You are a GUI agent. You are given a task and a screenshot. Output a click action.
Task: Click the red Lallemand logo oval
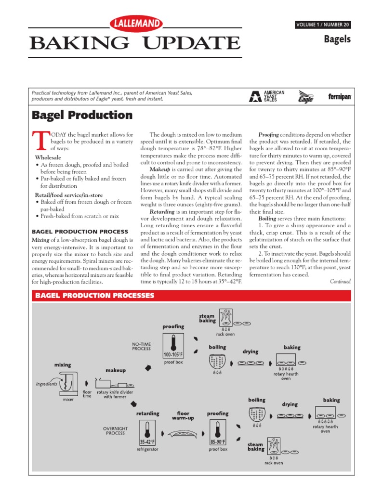pyautogui.click(x=137, y=23)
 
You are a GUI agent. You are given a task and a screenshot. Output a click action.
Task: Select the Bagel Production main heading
pyautogui.click(x=82, y=115)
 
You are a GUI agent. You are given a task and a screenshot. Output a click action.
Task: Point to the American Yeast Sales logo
pyautogui.click(x=267, y=96)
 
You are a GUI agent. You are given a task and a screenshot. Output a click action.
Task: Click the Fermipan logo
pyautogui.click(x=340, y=97)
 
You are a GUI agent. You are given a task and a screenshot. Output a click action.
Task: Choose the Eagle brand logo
pyautogui.click(x=305, y=96)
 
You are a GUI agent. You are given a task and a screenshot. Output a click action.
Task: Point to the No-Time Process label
pyautogui.click(x=141, y=346)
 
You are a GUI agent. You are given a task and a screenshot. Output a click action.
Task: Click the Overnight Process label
pyautogui.click(x=115, y=430)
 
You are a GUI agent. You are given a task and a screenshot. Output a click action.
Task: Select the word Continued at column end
pyautogui.click(x=340, y=282)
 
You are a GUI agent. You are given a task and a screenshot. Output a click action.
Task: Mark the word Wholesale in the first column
pyautogui.click(x=48, y=157)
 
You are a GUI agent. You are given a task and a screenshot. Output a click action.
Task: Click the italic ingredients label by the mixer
pyautogui.click(x=47, y=384)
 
